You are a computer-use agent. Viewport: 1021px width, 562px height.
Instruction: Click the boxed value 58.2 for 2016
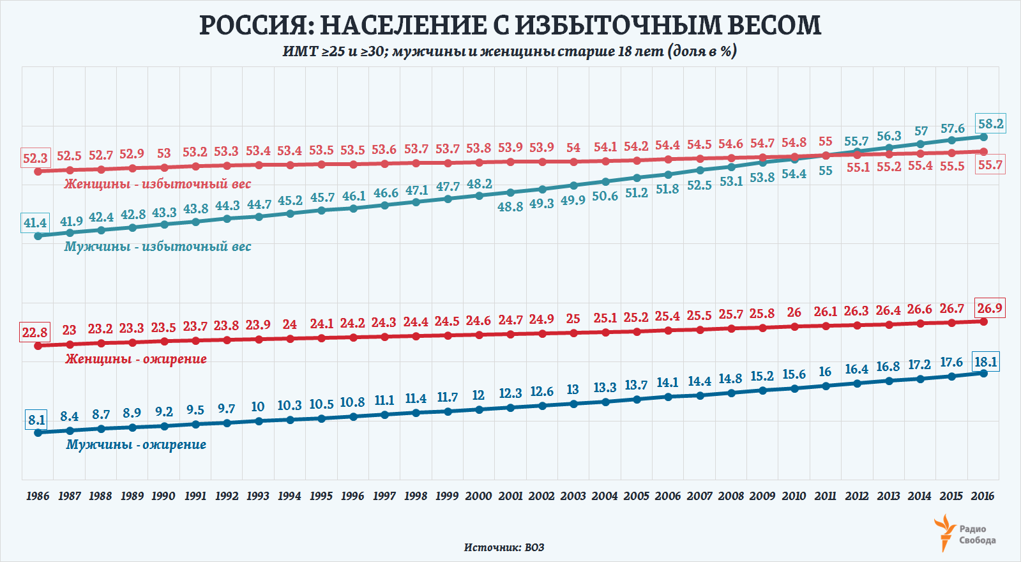coord(990,124)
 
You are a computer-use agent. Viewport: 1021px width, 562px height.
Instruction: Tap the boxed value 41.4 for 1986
coord(35,223)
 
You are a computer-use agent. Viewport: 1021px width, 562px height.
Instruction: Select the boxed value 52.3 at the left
coord(35,158)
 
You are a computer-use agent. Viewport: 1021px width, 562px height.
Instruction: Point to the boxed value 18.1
coord(985,362)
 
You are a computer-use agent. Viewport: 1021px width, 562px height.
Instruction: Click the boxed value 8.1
coord(36,420)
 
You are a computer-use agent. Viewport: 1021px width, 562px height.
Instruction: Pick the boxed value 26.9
coord(990,308)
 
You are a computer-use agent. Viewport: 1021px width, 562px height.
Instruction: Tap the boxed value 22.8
coord(35,332)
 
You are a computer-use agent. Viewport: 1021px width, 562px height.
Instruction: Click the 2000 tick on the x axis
coord(478,496)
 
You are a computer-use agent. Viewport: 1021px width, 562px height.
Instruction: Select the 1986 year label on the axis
coord(38,496)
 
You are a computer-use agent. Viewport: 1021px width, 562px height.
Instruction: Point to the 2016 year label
coord(983,496)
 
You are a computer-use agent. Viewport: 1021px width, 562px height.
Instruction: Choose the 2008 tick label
coord(730,496)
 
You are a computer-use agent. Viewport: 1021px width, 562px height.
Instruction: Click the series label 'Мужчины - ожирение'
coord(136,444)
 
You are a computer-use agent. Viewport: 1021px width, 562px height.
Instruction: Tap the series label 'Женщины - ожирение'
coord(136,359)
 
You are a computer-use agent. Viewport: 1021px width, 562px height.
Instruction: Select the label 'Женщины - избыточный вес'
coord(158,184)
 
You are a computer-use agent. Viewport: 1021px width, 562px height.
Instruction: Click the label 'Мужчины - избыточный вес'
coord(158,247)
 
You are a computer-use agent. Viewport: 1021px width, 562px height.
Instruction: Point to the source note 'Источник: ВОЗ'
coord(504,547)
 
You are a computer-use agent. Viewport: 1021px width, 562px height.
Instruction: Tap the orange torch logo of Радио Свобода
coord(945,533)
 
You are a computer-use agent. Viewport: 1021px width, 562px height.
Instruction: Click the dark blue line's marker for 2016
coord(983,373)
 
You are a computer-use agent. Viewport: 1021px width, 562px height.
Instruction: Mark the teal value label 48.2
coord(479,184)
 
